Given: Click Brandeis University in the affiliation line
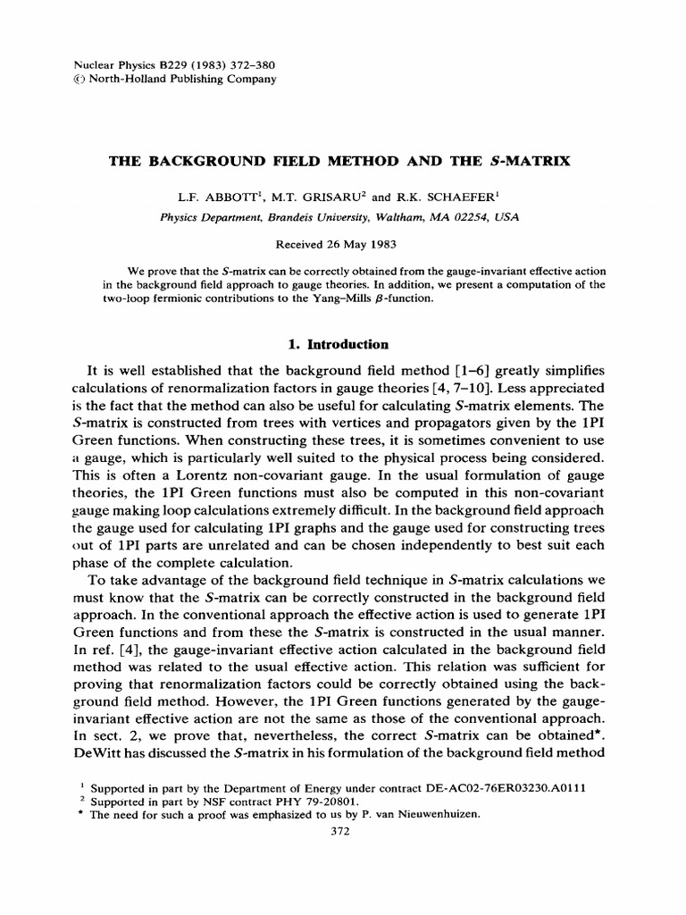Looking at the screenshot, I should pyautogui.click(x=312, y=217).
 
